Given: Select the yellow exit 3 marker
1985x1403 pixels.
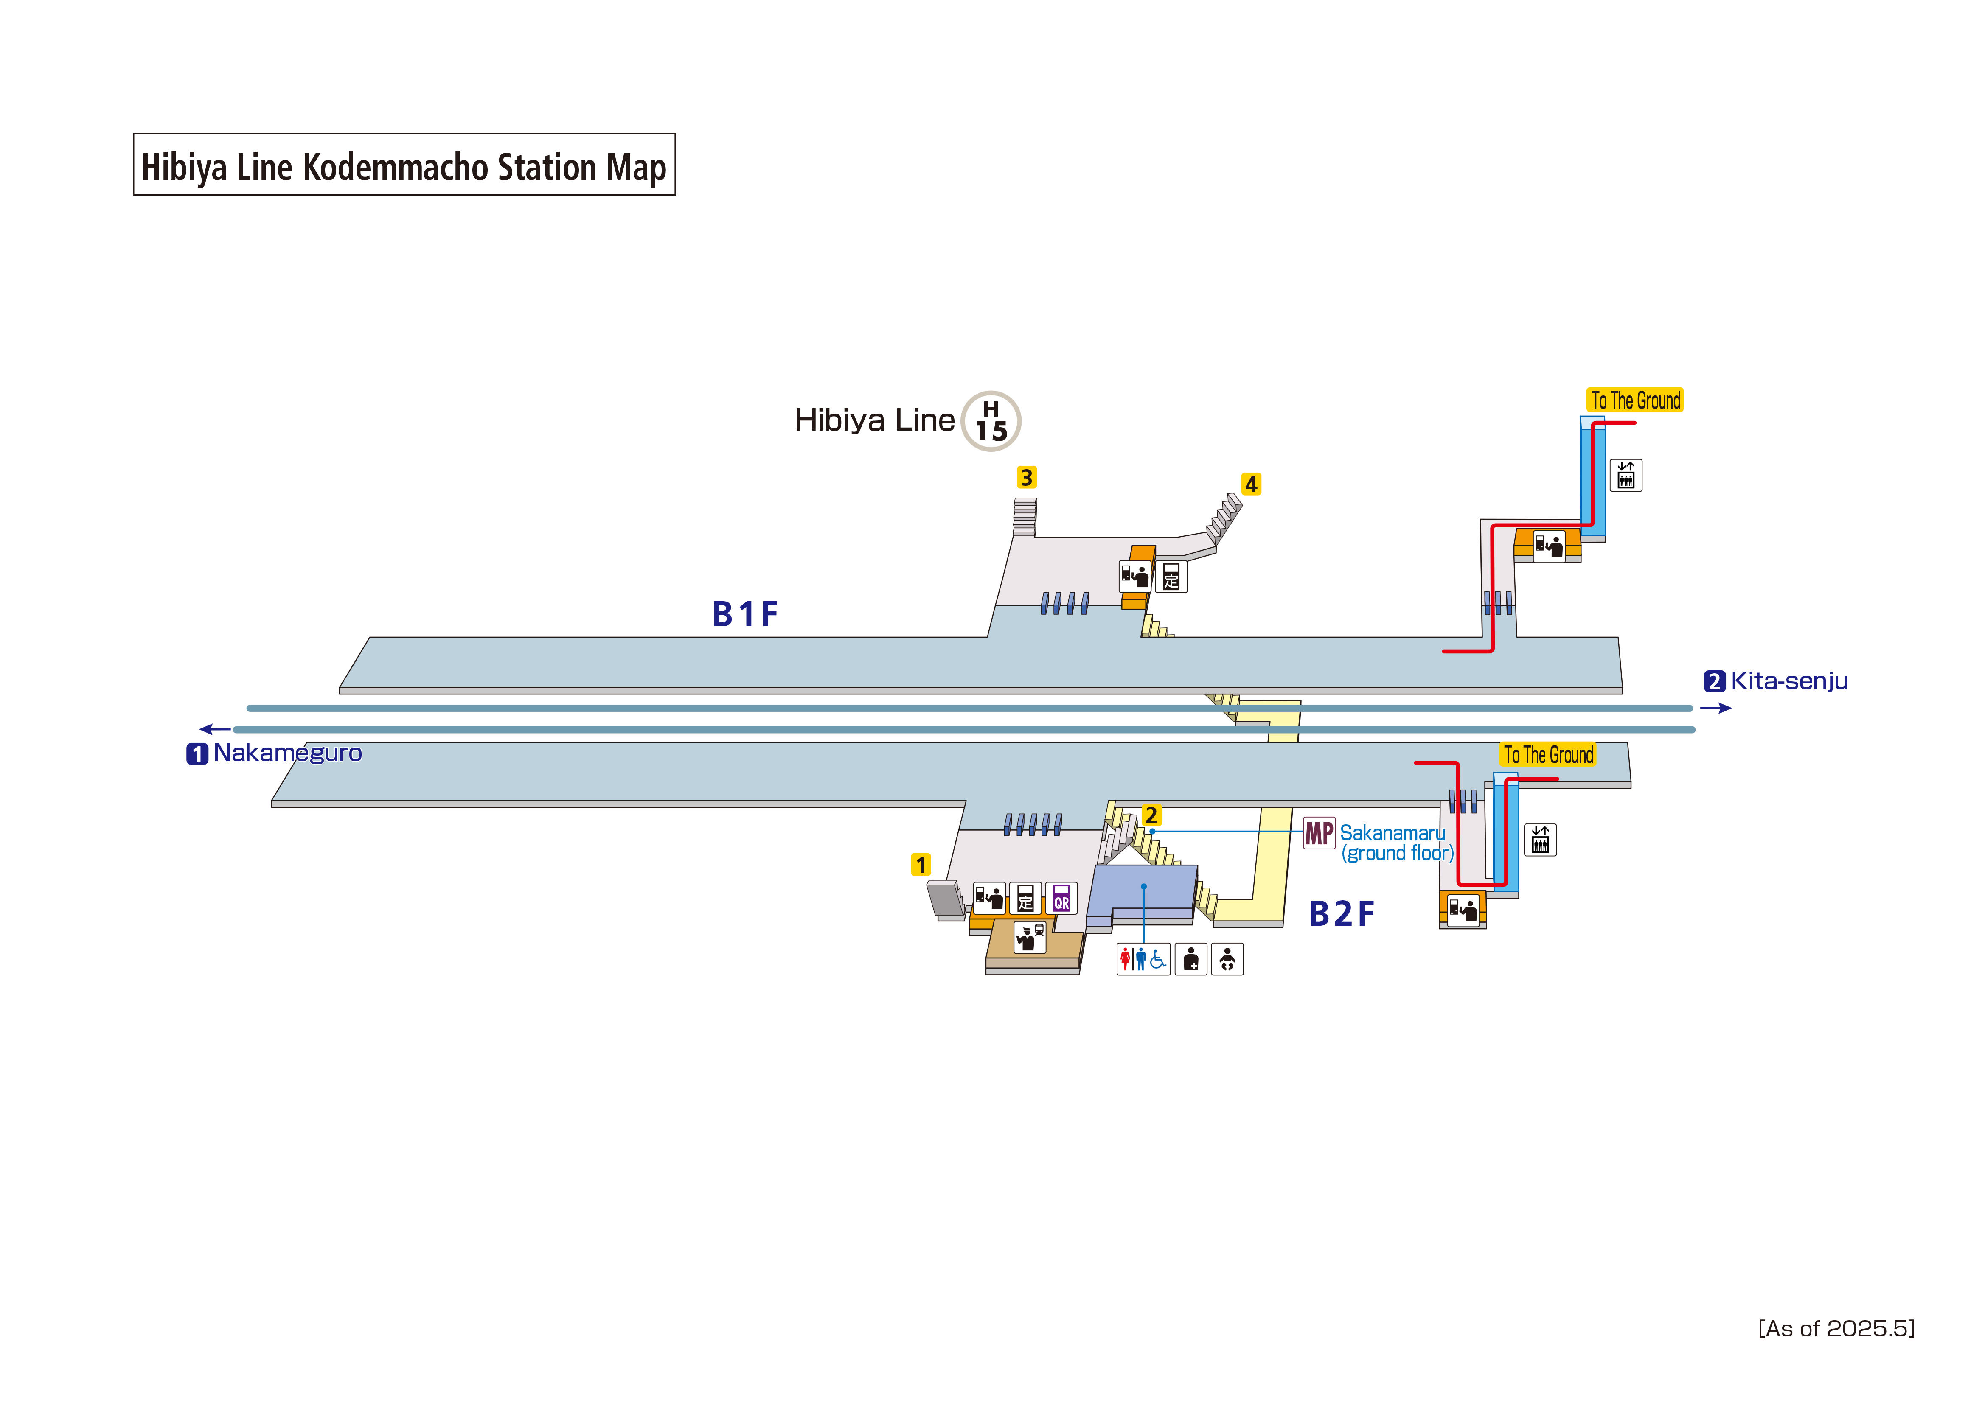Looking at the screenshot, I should (1026, 477).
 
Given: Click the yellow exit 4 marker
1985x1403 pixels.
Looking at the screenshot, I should (1251, 484).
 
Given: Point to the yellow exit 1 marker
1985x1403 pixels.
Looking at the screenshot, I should (921, 865).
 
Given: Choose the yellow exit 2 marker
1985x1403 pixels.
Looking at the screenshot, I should (1151, 815).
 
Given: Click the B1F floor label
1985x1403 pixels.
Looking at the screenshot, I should (744, 615).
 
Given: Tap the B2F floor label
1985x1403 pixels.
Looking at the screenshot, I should (1341, 914).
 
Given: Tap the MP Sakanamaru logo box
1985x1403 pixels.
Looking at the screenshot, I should (1319, 833).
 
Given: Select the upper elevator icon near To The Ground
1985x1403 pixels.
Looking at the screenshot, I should (1626, 476).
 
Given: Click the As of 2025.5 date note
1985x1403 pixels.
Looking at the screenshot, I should (1836, 1329).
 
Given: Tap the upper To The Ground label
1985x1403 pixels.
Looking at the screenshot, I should (1635, 400).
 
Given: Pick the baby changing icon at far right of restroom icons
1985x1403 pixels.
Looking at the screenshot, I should (1227, 959).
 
